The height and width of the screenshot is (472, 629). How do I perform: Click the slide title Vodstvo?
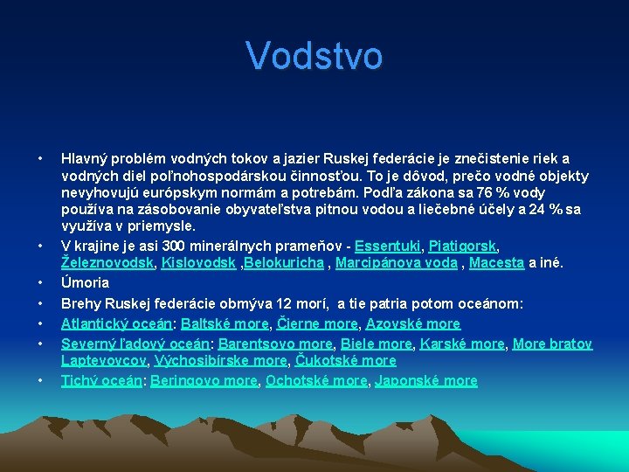(x=314, y=55)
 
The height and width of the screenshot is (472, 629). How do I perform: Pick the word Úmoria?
(x=85, y=282)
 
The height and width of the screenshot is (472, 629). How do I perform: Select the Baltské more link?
(x=225, y=323)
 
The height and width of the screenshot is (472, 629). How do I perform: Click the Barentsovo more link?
(x=275, y=344)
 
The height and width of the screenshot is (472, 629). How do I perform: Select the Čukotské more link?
(x=346, y=360)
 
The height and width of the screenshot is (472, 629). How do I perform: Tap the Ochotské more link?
(x=317, y=380)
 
